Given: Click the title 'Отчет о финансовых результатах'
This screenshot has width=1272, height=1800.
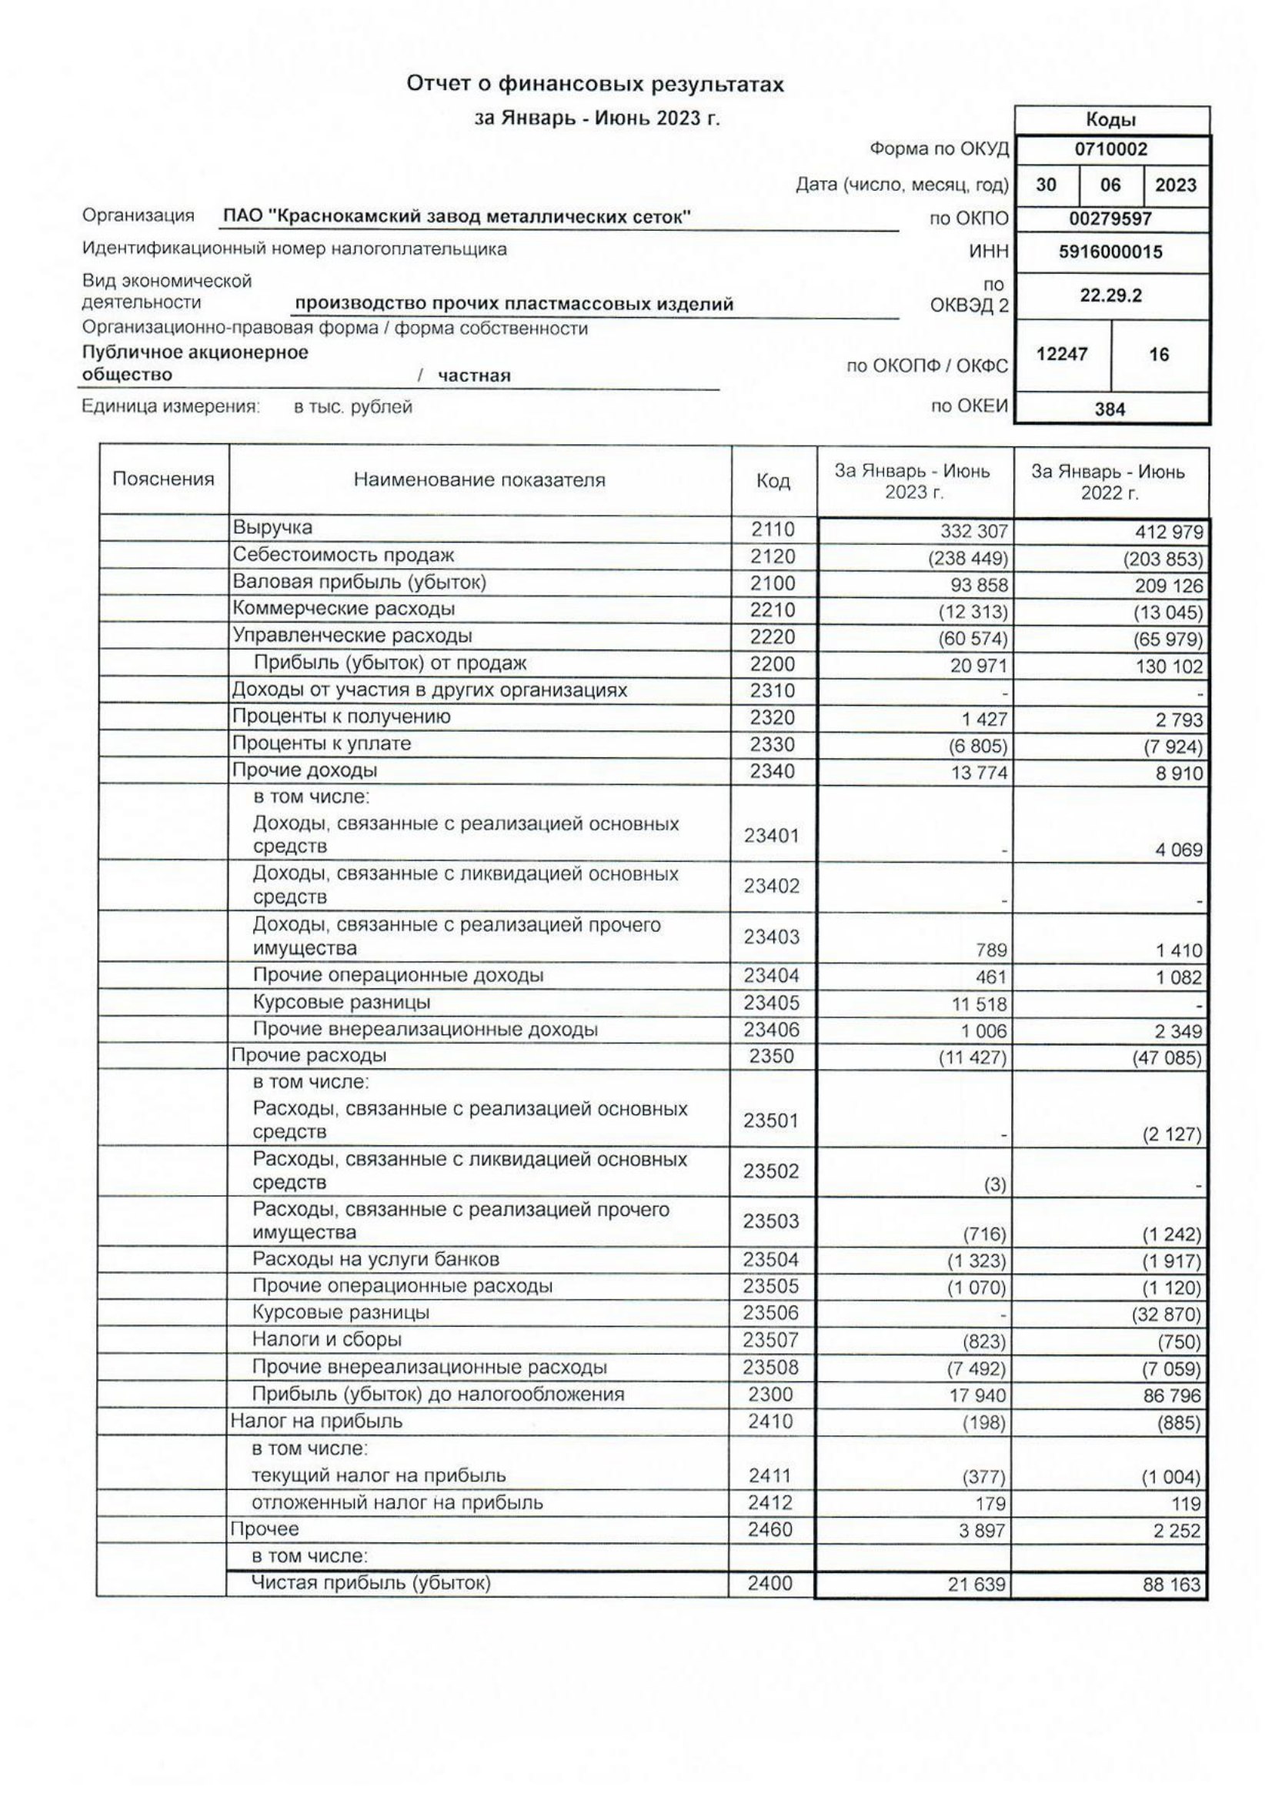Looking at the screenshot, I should (x=594, y=85).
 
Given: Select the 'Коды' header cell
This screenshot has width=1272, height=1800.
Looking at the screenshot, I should (x=1110, y=120).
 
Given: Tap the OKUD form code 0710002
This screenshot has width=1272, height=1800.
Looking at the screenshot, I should (x=1110, y=150).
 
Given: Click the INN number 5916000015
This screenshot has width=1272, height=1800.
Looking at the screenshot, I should (x=1110, y=252).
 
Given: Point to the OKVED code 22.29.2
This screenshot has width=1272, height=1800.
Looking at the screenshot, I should (x=1110, y=296).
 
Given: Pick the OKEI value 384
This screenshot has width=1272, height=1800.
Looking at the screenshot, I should (x=1110, y=409).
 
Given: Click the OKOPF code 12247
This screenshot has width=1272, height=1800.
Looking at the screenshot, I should (x=1061, y=354).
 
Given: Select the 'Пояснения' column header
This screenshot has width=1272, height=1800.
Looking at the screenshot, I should (x=163, y=479).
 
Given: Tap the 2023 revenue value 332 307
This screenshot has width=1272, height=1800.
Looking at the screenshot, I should (x=973, y=533).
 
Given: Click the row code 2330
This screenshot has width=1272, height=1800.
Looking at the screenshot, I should (x=772, y=744).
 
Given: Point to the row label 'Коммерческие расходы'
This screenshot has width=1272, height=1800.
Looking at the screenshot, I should (x=343, y=609).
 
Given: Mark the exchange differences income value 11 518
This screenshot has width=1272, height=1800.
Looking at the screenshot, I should (x=980, y=1004).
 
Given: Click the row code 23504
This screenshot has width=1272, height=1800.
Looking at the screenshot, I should (x=770, y=1260).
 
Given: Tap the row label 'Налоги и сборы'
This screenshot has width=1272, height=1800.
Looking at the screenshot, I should (x=327, y=1340).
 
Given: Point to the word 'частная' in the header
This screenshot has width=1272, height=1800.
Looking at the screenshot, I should (x=473, y=376).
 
